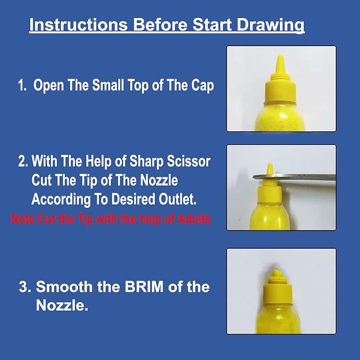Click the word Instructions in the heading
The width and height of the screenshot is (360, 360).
tap(78, 24)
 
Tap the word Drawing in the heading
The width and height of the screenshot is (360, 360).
tap(270, 25)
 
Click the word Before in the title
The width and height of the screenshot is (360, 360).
tap(160, 24)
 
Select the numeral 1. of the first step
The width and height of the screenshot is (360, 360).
tap(22, 85)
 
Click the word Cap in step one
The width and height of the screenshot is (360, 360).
tap(203, 86)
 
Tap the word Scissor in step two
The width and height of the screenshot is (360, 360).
tap(188, 161)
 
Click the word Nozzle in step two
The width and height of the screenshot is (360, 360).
tap(159, 180)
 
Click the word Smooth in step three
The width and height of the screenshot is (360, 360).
tap(64, 287)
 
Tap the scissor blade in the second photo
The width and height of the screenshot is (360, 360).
tap(294, 177)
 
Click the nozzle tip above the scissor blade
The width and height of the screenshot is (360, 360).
tap(269, 169)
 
